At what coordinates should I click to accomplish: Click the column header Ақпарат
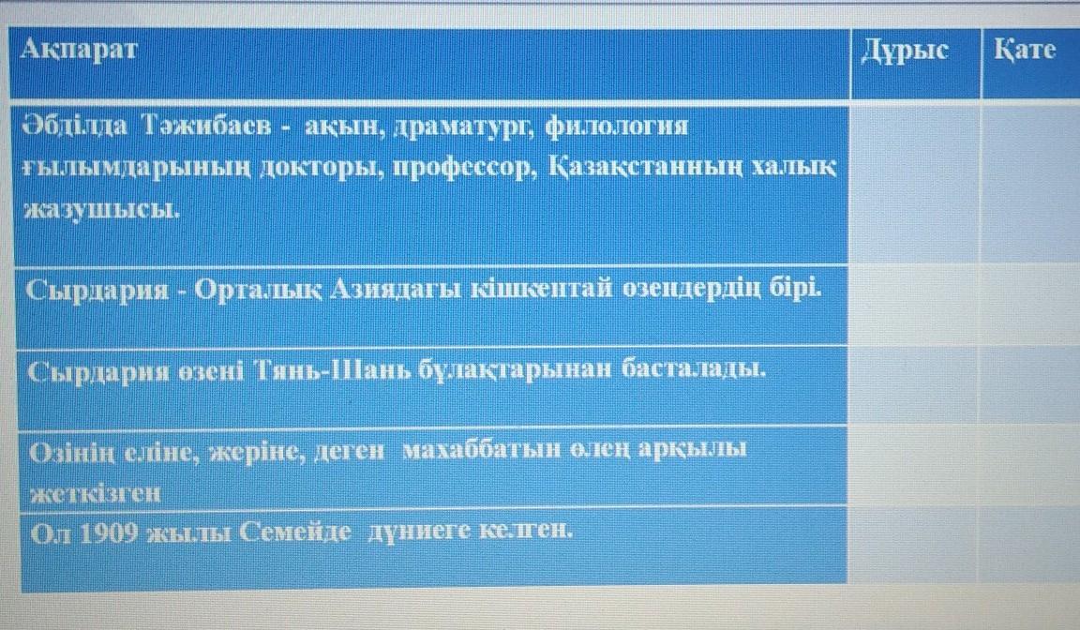coord(80,50)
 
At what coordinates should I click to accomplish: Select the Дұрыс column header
coord(905,51)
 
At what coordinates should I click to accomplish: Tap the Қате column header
coord(1024,50)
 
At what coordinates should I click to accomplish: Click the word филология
coord(617,126)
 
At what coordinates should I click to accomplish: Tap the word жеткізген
coord(95,493)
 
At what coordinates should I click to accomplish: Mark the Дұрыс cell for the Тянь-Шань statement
coord(912,386)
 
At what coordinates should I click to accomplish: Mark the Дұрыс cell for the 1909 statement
coord(912,546)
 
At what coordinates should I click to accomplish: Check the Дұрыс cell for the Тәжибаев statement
coord(915,183)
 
